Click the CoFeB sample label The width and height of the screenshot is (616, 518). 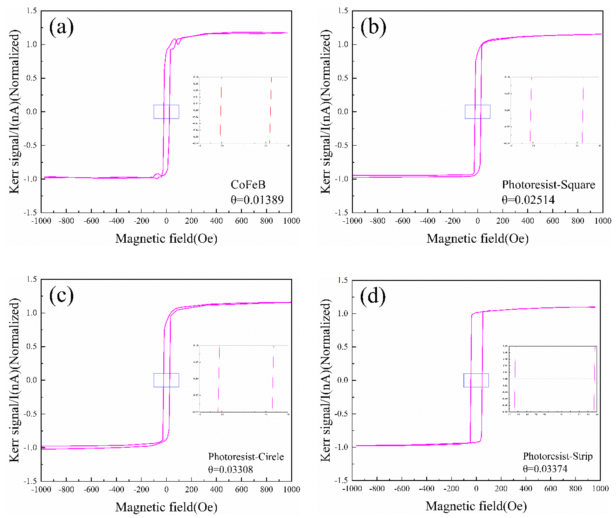248,185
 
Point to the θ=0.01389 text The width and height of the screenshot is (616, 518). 257,200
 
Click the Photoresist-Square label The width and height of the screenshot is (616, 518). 549,185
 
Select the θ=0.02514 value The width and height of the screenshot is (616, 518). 528,200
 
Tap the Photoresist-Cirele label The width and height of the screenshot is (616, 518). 246,457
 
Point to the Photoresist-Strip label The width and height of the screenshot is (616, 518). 558,456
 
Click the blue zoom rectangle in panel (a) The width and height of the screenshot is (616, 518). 166,105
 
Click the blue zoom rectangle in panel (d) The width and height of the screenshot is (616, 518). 476,374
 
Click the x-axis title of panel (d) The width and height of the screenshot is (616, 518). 476,506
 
